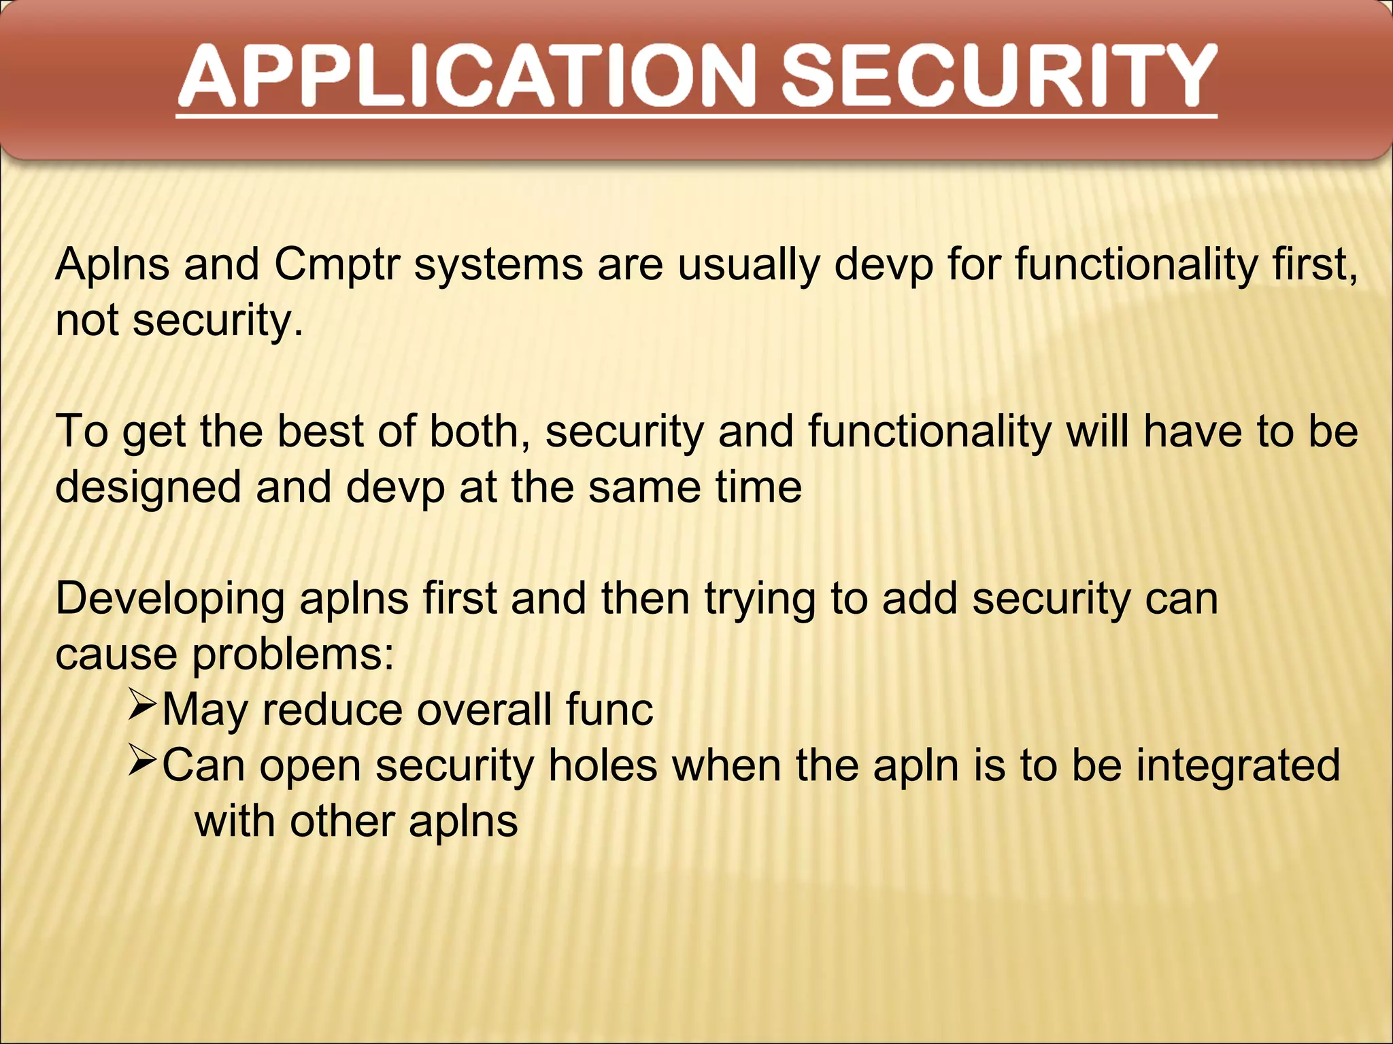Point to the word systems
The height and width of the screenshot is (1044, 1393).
tap(498, 265)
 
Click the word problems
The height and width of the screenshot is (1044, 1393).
tap(292, 655)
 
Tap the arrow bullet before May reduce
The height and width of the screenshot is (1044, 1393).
tap(143, 707)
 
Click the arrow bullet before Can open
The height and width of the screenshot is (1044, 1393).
tap(143, 763)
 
